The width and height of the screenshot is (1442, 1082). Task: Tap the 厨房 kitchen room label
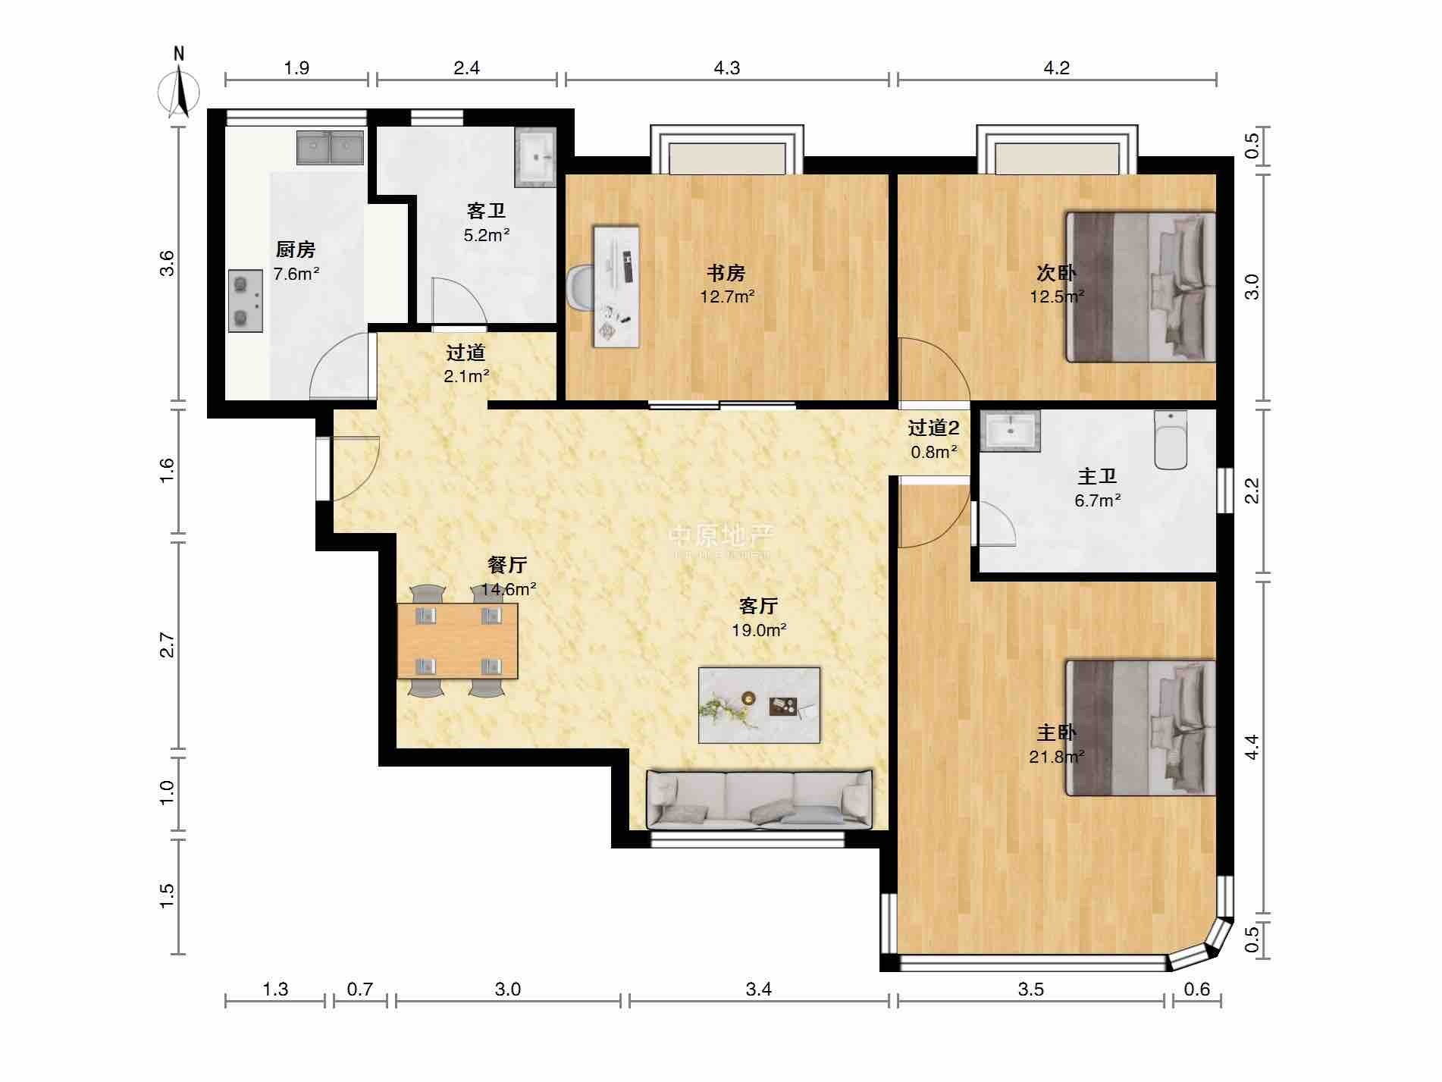[x=296, y=249]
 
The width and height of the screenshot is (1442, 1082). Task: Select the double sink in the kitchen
[x=330, y=148]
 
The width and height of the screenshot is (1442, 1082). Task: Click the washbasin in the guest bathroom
[x=535, y=158]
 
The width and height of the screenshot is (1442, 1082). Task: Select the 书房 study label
[x=726, y=273]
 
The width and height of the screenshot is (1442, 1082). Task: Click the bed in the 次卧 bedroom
[x=1140, y=287]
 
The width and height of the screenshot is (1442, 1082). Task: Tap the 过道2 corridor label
[x=934, y=428]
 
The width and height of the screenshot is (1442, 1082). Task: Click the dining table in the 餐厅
[x=458, y=641]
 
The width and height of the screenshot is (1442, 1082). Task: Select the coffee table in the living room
[x=759, y=705]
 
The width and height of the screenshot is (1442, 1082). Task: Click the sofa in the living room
[x=760, y=800]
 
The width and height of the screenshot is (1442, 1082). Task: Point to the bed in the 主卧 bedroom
[x=1140, y=728]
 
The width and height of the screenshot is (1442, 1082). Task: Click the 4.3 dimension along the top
[x=726, y=68]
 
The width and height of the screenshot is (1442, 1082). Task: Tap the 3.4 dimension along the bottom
[x=758, y=989]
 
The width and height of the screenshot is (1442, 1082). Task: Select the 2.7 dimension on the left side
[x=168, y=646]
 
